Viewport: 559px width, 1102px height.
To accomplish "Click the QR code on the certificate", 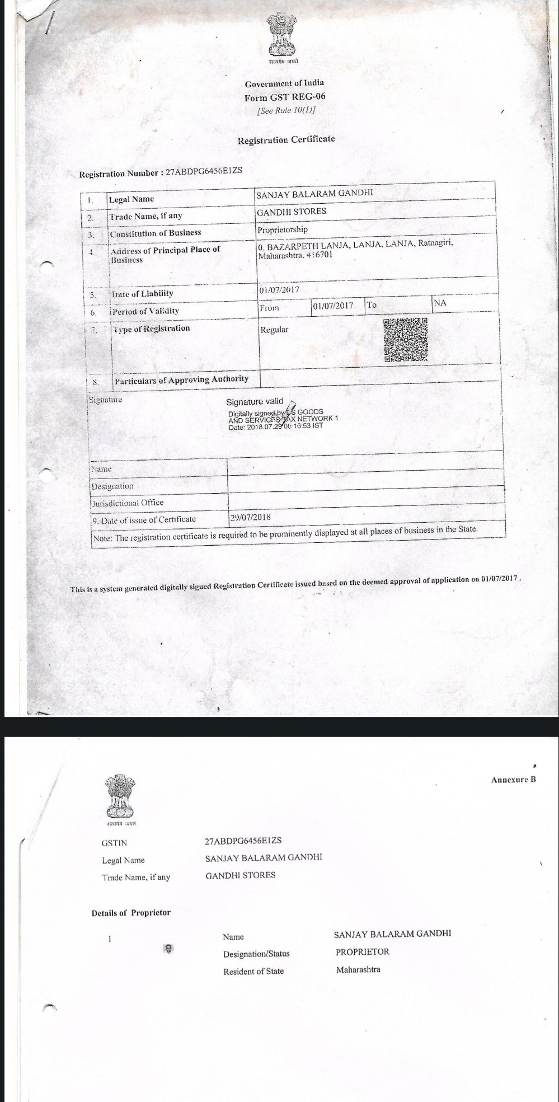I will tap(406, 339).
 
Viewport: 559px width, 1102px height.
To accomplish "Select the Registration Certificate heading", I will tap(286, 139).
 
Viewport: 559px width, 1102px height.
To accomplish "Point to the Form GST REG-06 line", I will tap(284, 97).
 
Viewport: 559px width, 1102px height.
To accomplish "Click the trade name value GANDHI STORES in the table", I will tap(291, 212).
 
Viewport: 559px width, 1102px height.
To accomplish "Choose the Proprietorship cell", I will tap(283, 229).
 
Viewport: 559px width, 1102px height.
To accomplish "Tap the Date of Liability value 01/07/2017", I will tap(279, 290).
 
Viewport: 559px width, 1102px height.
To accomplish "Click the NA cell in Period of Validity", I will tap(440, 303).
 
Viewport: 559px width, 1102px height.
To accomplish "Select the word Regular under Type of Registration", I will tap(274, 329).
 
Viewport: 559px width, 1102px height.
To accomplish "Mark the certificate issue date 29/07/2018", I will tap(250, 518).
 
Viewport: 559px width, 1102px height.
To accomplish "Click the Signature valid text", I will tap(255, 401).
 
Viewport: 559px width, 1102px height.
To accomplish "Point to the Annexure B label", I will tap(513, 779).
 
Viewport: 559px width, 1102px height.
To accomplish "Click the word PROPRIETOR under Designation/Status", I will tap(362, 951).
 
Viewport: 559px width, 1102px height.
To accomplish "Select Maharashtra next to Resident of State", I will tap(358, 969).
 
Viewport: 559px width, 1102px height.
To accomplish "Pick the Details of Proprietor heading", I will tap(131, 913).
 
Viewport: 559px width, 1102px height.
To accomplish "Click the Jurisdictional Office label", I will tap(128, 503).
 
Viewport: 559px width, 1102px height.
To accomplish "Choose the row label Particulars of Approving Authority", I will tap(181, 379).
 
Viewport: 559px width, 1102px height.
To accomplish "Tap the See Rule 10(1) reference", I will tap(285, 110).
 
